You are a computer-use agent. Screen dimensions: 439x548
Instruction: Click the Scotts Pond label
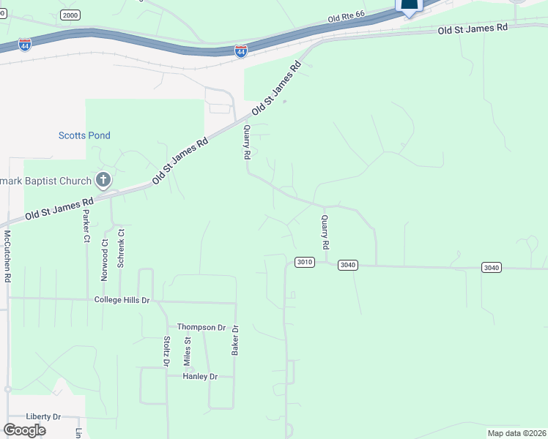click(84, 135)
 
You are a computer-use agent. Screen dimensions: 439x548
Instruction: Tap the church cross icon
click(103, 180)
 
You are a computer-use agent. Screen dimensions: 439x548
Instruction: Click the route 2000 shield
click(70, 15)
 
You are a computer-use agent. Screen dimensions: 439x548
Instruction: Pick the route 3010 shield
click(305, 262)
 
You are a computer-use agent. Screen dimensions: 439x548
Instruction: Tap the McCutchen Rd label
click(7, 256)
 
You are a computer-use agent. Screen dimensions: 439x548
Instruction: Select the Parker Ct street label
click(86, 227)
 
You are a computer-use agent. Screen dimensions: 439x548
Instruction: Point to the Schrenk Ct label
click(122, 249)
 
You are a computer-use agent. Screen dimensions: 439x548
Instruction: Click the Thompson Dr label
click(201, 327)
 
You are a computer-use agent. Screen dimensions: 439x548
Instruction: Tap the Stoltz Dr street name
click(166, 351)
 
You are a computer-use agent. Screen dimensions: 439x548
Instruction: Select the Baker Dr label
click(236, 341)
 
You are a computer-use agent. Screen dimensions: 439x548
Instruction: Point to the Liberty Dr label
click(42, 416)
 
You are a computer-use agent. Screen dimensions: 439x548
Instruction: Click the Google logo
click(24, 429)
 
